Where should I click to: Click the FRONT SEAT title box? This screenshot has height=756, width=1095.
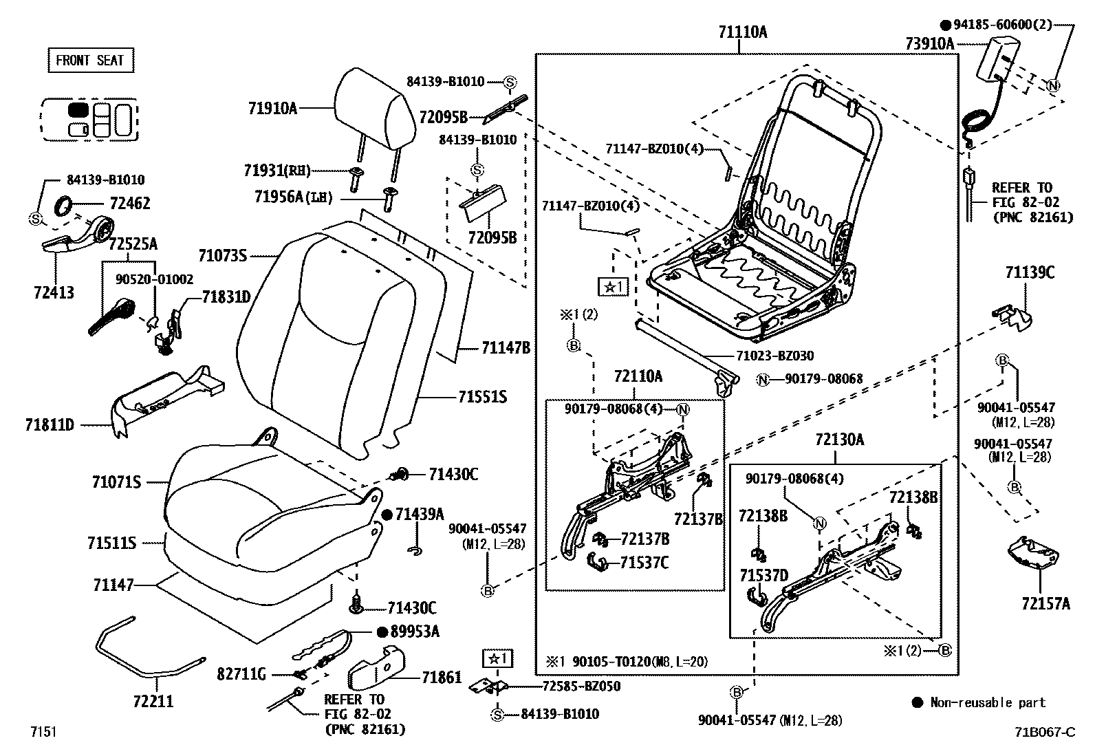[90, 61]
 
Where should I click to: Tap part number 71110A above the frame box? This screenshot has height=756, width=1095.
[742, 32]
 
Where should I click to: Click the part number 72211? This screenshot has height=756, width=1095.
[153, 702]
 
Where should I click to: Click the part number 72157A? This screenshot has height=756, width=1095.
[1045, 604]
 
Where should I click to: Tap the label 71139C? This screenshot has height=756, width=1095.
[1029, 272]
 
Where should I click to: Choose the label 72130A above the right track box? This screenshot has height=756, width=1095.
[840, 440]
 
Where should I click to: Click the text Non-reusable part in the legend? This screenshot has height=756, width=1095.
[987, 702]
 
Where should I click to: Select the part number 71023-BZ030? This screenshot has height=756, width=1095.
[774, 356]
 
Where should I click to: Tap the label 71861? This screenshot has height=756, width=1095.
[442, 678]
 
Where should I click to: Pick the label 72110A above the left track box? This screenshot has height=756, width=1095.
[638, 376]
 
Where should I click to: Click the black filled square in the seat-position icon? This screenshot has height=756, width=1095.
[78, 109]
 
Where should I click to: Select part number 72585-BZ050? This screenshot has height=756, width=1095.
[581, 686]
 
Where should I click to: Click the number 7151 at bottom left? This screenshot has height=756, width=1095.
[43, 731]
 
